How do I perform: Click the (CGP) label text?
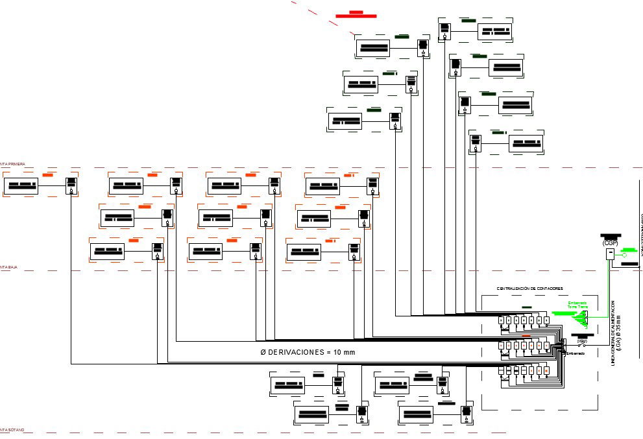(610, 243)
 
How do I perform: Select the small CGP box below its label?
(610, 254)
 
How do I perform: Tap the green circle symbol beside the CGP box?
(625, 255)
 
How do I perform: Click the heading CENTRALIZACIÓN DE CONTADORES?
(529, 288)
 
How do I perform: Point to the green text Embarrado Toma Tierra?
(577, 304)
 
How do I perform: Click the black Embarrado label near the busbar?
(575, 353)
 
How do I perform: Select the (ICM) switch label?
(582, 341)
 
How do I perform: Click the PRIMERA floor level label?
(13, 165)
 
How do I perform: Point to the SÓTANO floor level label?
(13, 430)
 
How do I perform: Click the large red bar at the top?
(356, 16)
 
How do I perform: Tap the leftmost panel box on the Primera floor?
(21, 186)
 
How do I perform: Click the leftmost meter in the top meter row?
(502, 320)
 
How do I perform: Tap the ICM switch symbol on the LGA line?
(582, 346)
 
